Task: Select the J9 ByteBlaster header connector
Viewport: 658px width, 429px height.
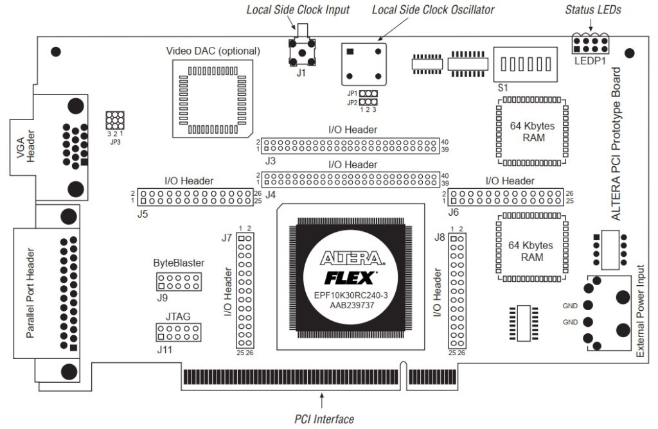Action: point(179,281)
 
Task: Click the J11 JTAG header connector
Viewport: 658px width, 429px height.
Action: point(179,331)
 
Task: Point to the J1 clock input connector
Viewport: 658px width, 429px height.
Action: point(302,51)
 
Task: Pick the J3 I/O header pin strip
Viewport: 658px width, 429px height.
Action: point(350,145)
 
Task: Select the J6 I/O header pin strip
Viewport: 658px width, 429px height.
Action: point(506,197)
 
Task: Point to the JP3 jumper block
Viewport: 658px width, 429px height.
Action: point(115,119)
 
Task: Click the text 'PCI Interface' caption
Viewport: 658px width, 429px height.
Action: point(324,419)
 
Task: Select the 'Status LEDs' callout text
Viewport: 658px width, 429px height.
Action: point(587,10)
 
